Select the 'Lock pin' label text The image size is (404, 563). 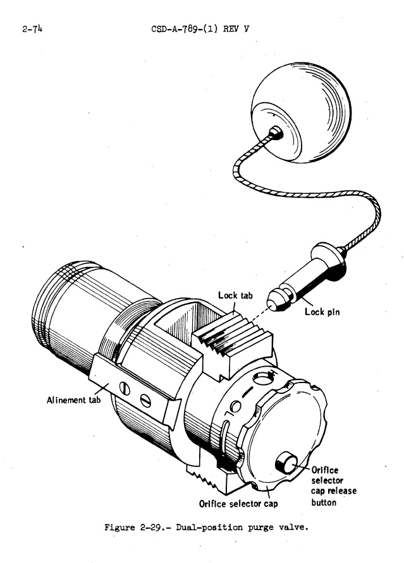coord(323,311)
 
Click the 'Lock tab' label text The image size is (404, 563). coord(236,295)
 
